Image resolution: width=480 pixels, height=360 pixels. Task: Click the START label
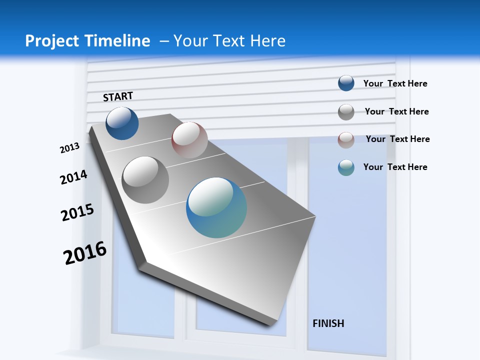point(118,96)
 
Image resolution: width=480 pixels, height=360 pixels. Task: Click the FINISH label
point(328,323)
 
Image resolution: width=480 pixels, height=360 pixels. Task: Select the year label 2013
point(69,148)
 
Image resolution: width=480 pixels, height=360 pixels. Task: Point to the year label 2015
point(77,212)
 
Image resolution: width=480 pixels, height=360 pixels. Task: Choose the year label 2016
point(85,253)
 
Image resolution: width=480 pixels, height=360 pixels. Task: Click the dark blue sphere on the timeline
point(122,123)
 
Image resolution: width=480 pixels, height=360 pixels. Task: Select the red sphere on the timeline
point(189,139)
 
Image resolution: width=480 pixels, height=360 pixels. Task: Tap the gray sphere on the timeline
point(145,179)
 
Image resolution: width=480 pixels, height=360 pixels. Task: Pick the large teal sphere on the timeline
point(216,207)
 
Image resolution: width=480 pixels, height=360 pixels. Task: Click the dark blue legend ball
point(346,83)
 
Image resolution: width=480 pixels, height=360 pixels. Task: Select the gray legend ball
point(346,112)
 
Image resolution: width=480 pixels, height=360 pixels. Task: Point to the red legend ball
point(346,140)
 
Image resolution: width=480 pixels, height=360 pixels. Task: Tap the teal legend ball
point(346,167)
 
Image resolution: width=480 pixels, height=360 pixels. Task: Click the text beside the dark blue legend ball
point(395,83)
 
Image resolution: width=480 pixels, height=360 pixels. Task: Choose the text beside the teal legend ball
point(395,167)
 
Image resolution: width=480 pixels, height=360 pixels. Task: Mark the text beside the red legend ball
point(397,139)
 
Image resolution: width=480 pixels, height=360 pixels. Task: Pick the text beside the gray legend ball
point(396,111)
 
